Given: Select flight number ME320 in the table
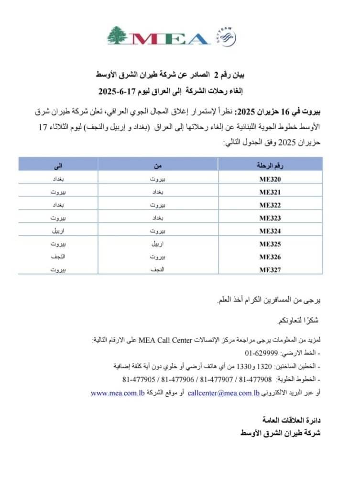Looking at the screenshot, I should [270, 179].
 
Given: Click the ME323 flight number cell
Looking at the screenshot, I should [270, 218].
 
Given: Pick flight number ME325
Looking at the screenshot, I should [270, 244].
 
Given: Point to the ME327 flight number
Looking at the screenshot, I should [270, 270].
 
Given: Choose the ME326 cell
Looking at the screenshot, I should [270, 257].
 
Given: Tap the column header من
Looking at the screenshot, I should [158, 166].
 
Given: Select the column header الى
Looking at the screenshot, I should [58, 166].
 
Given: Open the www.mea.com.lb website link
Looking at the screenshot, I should [118, 393].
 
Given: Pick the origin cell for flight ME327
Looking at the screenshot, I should [158, 270].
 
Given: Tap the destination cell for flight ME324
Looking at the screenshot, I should [58, 231].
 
